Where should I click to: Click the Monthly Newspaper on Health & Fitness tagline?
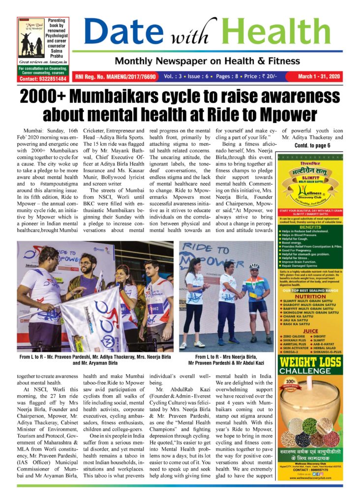click(207, 62)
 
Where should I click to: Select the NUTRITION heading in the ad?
click(310, 297)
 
